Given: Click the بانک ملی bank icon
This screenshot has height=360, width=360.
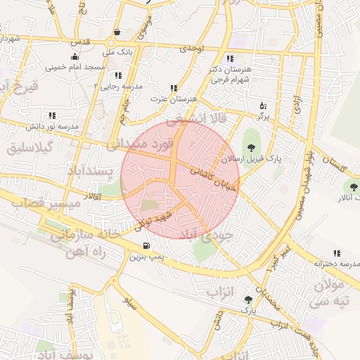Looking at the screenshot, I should (x=116, y=32).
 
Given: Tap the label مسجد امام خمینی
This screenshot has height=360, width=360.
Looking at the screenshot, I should (x=75, y=67).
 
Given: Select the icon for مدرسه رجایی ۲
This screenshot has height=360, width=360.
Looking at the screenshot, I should (x=118, y=75).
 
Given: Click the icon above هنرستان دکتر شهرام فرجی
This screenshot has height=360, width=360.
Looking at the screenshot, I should (x=230, y=58).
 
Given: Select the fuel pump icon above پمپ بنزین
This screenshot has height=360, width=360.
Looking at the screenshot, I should (x=146, y=246).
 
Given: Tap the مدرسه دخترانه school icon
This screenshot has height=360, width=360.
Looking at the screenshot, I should (x=337, y=253).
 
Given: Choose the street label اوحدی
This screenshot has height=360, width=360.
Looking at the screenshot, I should (x=191, y=48).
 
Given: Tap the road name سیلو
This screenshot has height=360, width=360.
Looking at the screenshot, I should (x=129, y=304).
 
